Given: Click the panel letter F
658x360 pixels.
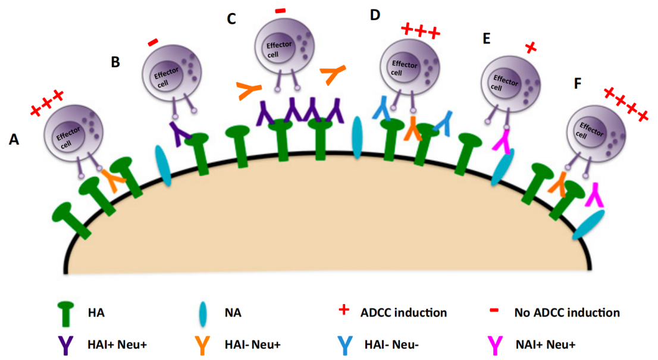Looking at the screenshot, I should click(x=577, y=84).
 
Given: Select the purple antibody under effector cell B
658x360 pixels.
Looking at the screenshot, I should click(x=178, y=132).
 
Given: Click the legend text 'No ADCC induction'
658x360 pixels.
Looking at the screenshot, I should click(x=570, y=312).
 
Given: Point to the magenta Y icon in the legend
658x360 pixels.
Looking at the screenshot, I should click(x=494, y=343).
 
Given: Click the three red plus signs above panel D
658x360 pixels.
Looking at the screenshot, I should click(x=421, y=30).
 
